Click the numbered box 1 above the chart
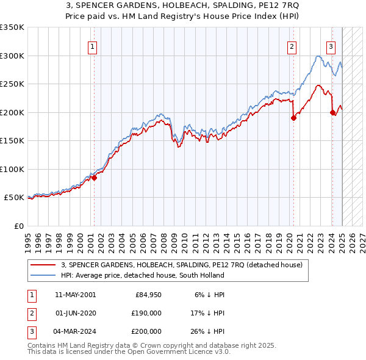point(93,46)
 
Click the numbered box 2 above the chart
point(292,46)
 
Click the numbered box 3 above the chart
point(331,46)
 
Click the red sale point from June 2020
point(293,118)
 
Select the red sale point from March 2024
point(332,112)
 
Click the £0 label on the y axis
point(18,226)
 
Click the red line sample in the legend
point(43,265)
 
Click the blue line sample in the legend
point(43,275)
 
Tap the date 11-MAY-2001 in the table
point(75,295)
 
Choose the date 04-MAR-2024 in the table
point(75,331)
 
